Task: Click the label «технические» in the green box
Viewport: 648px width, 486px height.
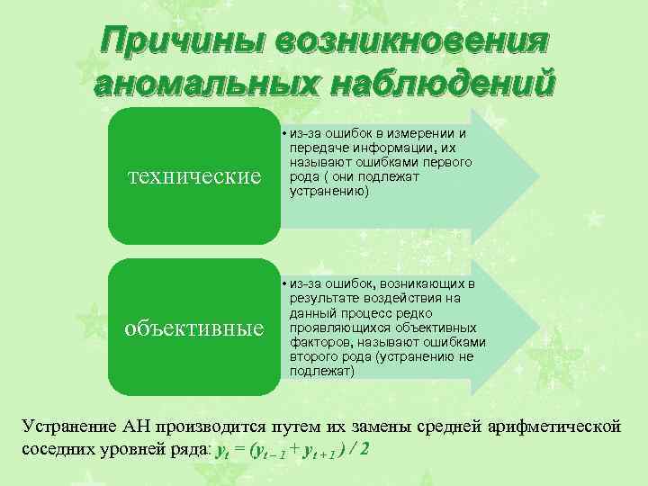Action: click(192, 175)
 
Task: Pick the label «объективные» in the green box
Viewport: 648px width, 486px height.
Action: click(193, 325)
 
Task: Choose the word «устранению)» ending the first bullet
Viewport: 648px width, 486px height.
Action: click(328, 191)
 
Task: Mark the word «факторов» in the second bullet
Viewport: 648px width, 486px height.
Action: click(320, 342)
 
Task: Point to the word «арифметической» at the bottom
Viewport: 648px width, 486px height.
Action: click(553, 426)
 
